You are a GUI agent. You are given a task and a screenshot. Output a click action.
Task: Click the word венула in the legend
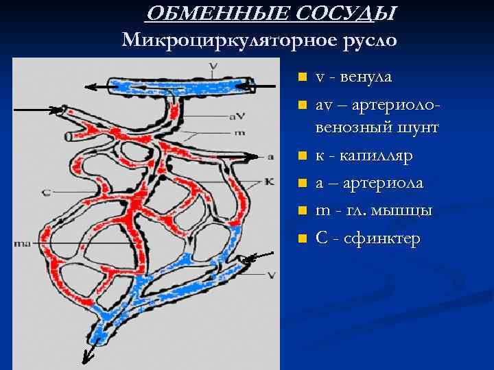[367, 77]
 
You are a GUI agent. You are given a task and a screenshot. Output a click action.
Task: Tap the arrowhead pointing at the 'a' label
[255, 156]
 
